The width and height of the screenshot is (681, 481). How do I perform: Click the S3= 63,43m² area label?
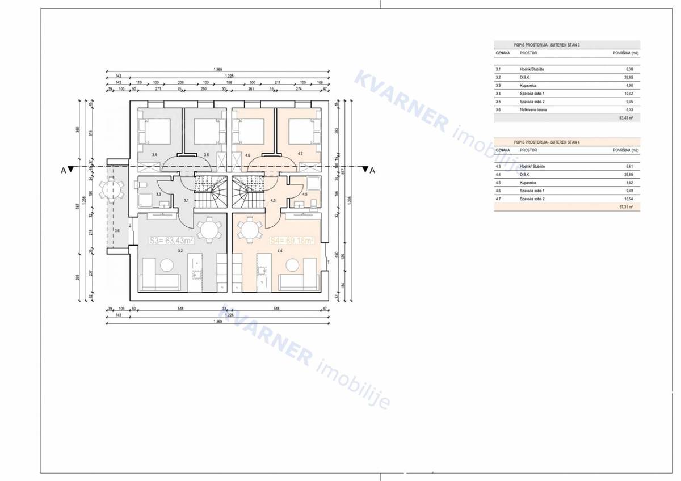pos(172,241)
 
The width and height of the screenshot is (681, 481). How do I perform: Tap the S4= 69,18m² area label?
pos(292,241)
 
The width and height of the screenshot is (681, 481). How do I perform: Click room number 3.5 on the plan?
pos(206,154)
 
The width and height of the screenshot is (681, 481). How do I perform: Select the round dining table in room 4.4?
pos(249,230)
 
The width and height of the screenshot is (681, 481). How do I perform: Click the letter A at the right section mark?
pos(372,170)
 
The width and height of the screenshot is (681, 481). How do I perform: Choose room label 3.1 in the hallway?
pos(186,200)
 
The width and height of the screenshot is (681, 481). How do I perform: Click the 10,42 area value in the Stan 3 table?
pos(627,93)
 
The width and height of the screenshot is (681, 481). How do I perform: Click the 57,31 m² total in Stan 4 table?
pos(627,208)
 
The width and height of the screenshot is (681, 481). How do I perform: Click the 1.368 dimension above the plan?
pos(218,69)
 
